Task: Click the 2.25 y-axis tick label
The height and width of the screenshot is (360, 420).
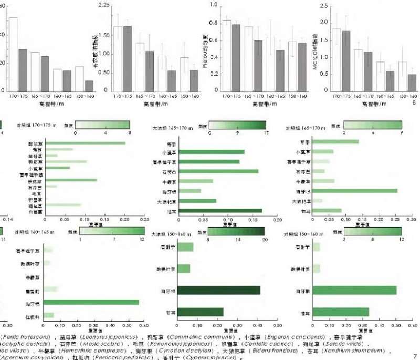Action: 104,5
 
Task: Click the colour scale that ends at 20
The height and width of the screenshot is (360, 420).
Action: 236,231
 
